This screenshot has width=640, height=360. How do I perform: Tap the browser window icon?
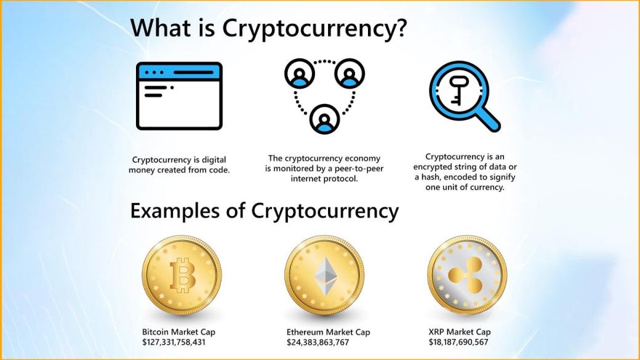tap(179, 96)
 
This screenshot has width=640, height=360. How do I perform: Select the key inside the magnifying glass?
tap(457, 90)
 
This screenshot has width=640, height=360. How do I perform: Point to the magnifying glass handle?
tap(489, 119)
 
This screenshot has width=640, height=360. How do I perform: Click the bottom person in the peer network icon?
tap(324, 119)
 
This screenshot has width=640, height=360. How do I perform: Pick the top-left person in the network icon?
tap(300, 73)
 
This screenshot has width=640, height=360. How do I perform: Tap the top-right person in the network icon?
tap(350, 73)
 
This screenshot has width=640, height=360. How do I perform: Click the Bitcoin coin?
tap(182, 274)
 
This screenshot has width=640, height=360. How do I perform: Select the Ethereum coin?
tap(324, 274)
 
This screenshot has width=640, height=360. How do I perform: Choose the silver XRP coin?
tap(467, 274)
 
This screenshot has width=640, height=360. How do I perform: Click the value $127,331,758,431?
tap(174, 342)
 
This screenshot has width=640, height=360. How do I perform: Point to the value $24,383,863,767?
tap(318, 342)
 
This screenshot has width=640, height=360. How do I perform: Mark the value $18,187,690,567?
tap(458, 342)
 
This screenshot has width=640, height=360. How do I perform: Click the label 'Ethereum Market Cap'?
tap(328, 332)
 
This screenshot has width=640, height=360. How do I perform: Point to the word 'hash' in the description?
tap(431, 177)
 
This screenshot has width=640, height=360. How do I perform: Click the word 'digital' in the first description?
tap(214, 160)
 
